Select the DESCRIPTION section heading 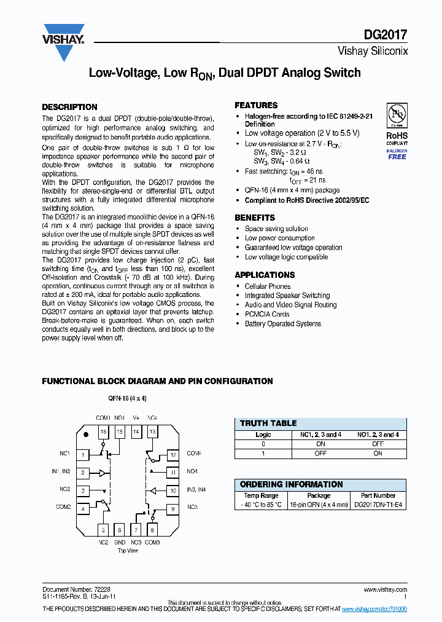[69, 107]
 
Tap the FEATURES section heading [256, 105]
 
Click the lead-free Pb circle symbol [397, 115]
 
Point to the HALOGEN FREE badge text [397, 154]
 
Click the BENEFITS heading [255, 218]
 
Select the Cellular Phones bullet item [268, 286]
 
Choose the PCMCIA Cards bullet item [267, 314]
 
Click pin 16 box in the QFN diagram [103, 433]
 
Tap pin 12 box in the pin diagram [174, 455]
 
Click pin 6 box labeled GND [120, 530]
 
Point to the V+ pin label [136, 418]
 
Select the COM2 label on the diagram [64, 507]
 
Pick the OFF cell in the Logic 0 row [378, 444]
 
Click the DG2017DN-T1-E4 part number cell [378, 505]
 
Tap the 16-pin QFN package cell [319, 505]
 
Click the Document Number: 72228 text [76, 589]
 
